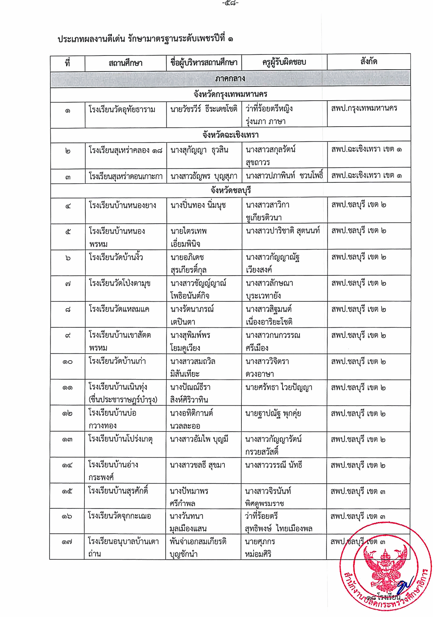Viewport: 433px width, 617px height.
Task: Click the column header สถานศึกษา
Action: (x=125, y=63)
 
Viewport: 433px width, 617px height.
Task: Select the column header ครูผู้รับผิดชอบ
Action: (x=284, y=62)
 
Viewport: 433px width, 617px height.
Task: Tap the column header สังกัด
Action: (x=368, y=62)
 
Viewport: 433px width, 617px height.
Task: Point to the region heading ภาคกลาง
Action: (x=230, y=78)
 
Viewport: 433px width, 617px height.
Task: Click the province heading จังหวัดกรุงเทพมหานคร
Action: (x=230, y=94)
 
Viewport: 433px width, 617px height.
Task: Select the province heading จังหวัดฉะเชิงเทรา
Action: (x=230, y=135)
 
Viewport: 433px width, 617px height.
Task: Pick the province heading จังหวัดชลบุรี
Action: (x=231, y=190)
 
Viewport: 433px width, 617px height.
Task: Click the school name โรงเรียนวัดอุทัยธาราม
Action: (x=122, y=109)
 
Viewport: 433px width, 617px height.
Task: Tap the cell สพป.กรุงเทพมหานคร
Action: (x=364, y=108)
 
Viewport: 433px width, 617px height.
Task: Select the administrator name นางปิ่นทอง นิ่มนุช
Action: (x=198, y=206)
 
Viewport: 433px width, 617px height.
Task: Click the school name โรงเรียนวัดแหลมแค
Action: (x=119, y=309)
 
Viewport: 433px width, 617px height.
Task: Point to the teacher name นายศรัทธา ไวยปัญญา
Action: (x=279, y=388)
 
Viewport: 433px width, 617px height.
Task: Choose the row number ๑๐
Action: (x=67, y=362)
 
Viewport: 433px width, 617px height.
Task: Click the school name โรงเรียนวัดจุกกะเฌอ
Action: (x=119, y=516)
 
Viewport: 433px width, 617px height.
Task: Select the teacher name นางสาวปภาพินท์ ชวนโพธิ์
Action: (x=284, y=176)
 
